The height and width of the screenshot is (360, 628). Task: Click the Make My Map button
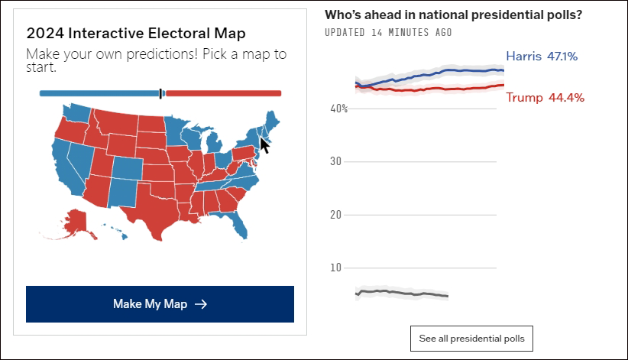(160, 304)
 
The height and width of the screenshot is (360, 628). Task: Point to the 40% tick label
(338, 109)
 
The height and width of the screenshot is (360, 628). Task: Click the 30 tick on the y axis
(334, 162)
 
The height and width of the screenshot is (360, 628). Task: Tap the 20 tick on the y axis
(334, 215)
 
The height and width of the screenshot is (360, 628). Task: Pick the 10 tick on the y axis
(334, 268)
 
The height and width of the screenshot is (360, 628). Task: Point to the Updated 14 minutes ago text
(387, 32)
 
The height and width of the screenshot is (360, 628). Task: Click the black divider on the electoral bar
(160, 93)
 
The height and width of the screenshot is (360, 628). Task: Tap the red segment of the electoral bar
(222, 93)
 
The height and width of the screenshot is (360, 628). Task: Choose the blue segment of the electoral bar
(99, 93)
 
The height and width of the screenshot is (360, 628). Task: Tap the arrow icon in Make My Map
(201, 304)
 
